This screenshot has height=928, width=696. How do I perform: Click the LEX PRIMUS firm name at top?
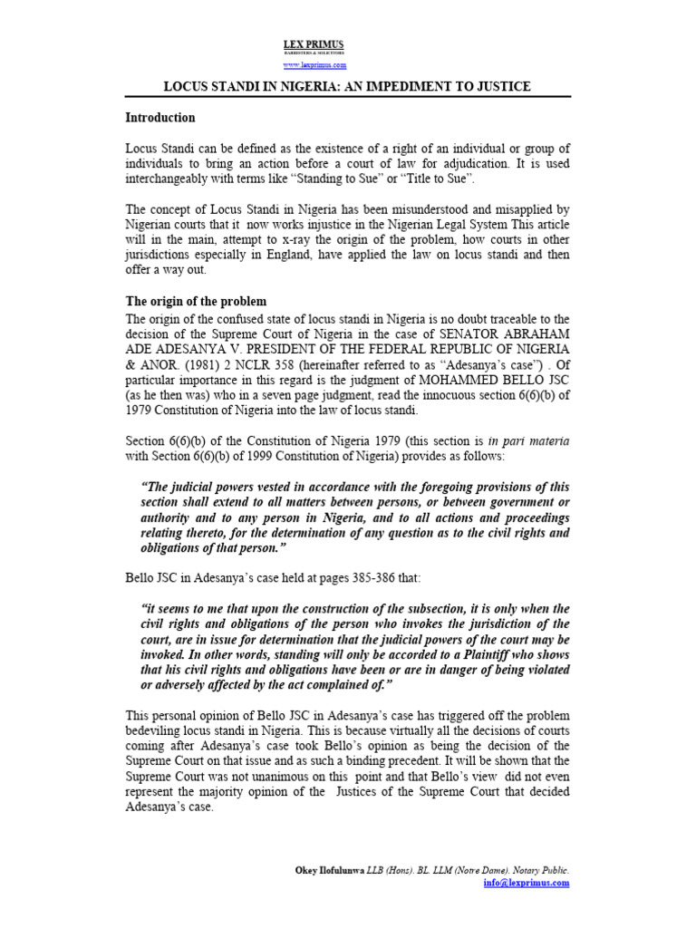[x=314, y=44]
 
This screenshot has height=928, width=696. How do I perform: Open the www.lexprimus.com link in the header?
[x=314, y=65]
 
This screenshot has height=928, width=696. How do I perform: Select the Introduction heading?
[x=159, y=118]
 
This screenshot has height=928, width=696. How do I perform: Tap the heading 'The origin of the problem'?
[x=195, y=301]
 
